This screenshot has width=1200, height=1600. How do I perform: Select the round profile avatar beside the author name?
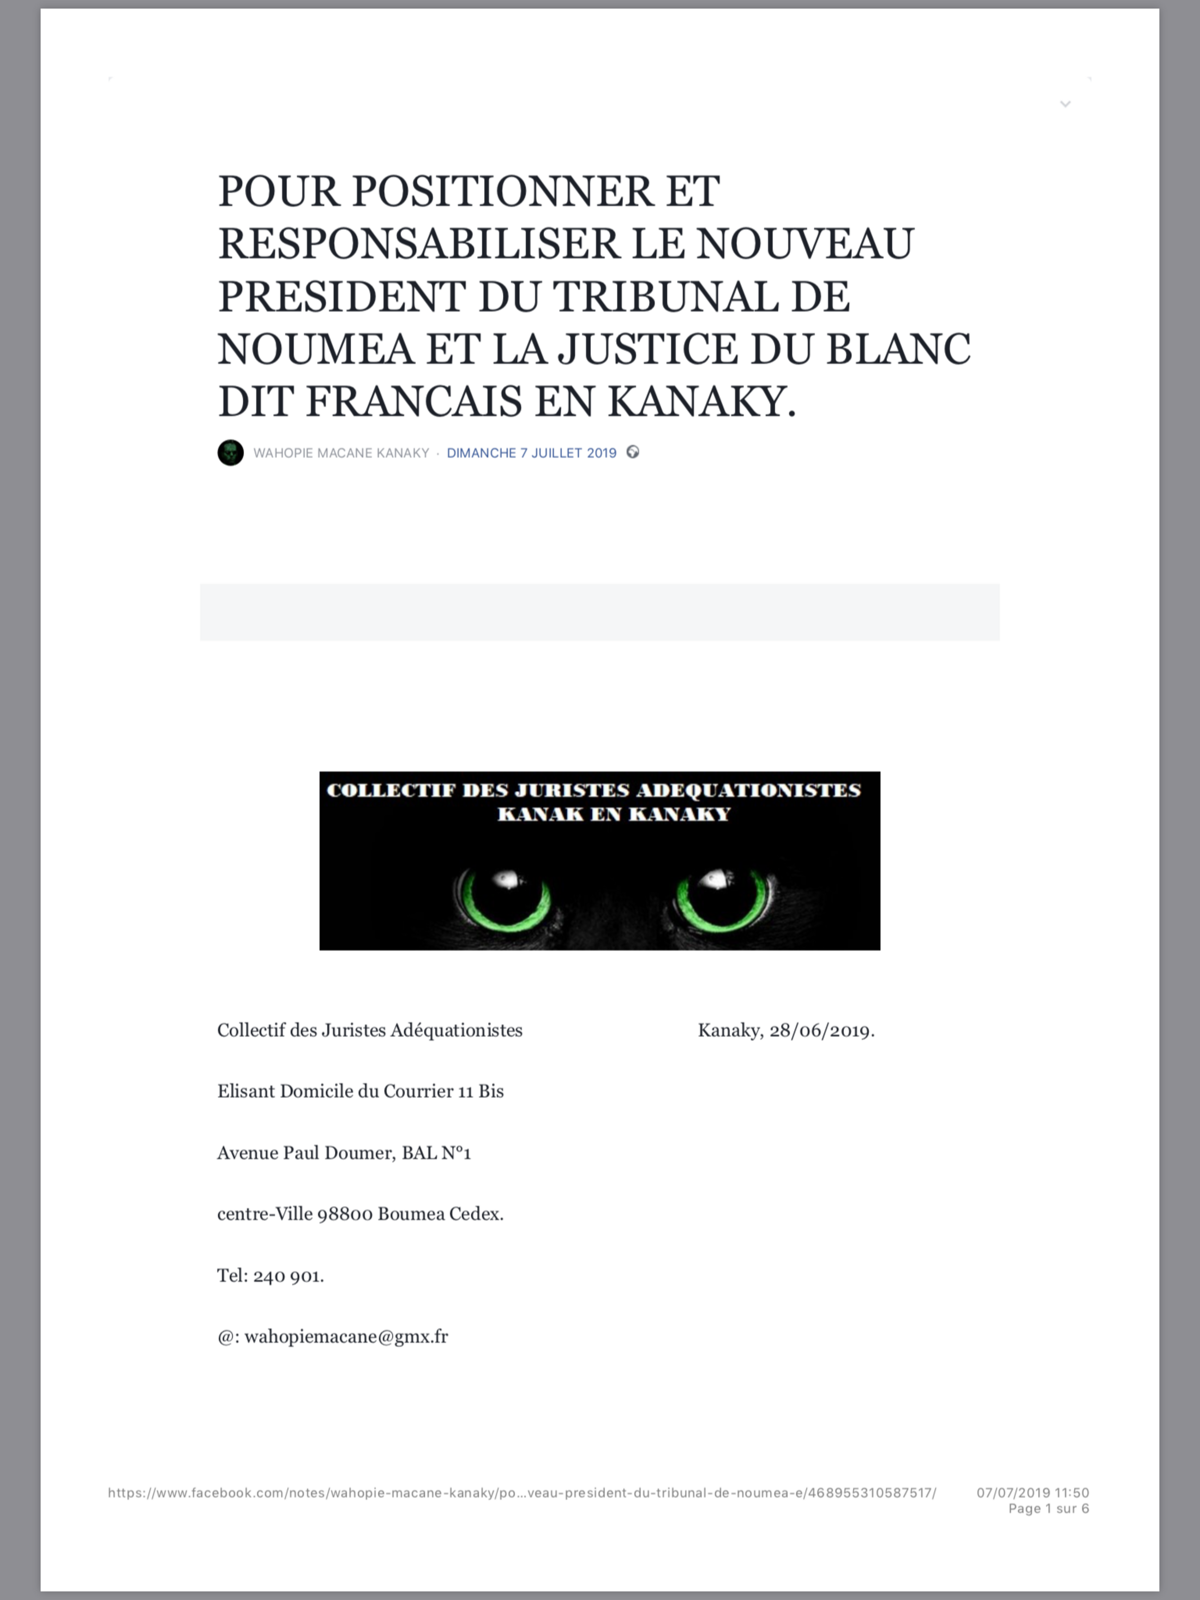tap(231, 453)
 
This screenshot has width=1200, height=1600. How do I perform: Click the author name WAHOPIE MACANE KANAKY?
tap(341, 453)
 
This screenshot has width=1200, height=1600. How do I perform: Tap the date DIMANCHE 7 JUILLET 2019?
tap(532, 453)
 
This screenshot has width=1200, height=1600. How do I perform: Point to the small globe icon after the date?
tap(633, 452)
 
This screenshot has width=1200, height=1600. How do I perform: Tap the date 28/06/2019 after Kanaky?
tap(821, 1030)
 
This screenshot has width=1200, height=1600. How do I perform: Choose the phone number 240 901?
tap(288, 1276)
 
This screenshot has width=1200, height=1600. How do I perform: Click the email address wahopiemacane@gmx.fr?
tap(346, 1337)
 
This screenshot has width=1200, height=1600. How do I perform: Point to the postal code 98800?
tap(344, 1214)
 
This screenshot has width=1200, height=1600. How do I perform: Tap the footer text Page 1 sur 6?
tap(1048, 1509)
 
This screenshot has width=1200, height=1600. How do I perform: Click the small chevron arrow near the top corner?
tap(1065, 104)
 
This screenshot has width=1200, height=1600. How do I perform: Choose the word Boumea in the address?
tap(410, 1214)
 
